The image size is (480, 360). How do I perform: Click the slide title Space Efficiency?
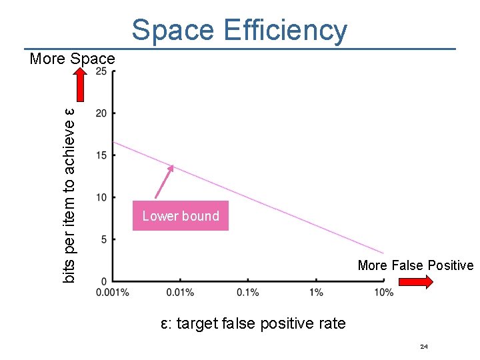(239, 30)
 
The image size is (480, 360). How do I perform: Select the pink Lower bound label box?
(180, 216)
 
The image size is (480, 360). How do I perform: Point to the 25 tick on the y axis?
(101, 71)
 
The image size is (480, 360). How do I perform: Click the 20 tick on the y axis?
(101, 113)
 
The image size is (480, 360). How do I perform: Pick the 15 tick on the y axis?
(101, 155)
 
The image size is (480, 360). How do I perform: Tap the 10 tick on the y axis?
(101, 197)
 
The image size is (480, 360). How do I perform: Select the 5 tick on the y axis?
(103, 239)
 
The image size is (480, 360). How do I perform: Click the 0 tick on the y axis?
(104, 280)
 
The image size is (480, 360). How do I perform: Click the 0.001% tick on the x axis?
(113, 292)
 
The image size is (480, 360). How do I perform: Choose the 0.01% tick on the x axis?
(180, 292)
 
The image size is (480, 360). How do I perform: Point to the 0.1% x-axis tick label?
(248, 292)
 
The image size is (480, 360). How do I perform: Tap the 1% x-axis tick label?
(316, 292)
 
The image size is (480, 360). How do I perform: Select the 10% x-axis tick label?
(383, 292)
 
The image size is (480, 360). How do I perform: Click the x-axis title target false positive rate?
(253, 324)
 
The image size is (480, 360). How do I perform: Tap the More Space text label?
(72, 59)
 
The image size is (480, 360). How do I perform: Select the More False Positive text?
(415, 265)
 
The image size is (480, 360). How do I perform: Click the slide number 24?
(424, 347)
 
